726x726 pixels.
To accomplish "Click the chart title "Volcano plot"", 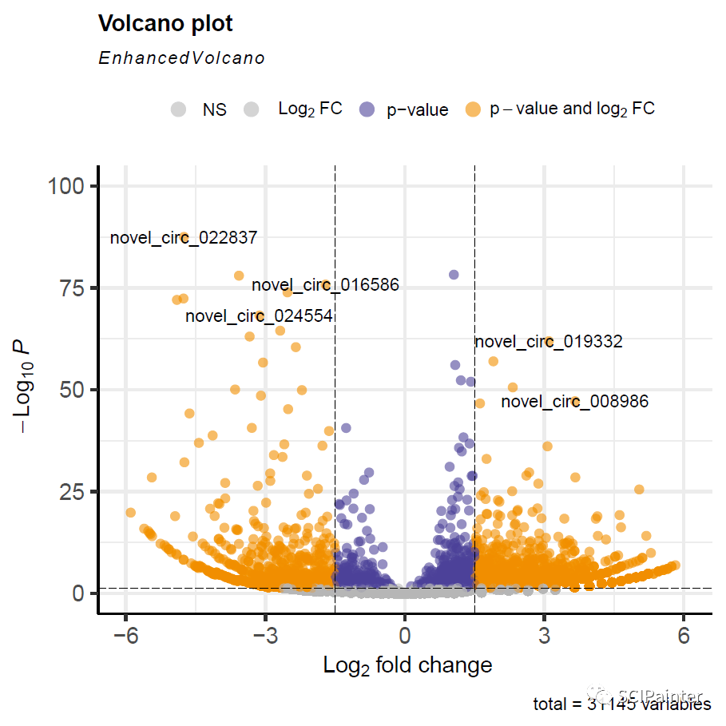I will pyautogui.click(x=165, y=24).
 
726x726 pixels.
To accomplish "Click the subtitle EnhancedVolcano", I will pyautogui.click(x=181, y=58).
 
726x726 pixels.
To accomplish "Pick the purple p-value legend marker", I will pyautogui.click(x=367, y=109).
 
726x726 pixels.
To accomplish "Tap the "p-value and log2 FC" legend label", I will pyautogui.click(x=572, y=109).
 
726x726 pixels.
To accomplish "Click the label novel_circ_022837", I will pyautogui.click(x=183, y=238).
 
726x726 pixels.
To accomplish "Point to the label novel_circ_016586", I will pyautogui.click(x=325, y=284).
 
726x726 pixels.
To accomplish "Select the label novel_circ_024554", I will pyautogui.click(x=259, y=315).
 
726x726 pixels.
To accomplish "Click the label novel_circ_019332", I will pyautogui.click(x=548, y=342).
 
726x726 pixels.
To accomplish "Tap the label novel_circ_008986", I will pyautogui.click(x=574, y=401).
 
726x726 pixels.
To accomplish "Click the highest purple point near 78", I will pyautogui.click(x=454, y=275).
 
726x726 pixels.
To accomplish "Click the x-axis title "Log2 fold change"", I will pyautogui.click(x=407, y=665).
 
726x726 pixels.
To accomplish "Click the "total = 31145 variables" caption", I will pyautogui.click(x=621, y=704).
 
